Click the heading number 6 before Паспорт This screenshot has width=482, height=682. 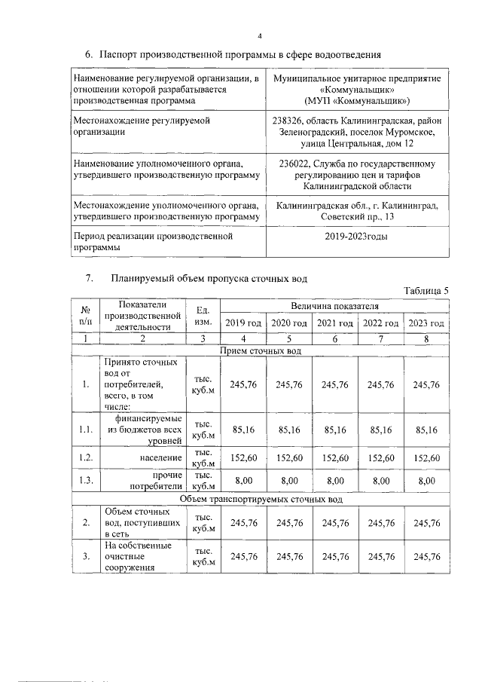88,55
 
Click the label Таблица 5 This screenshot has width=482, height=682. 426,291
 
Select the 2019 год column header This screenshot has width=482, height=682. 243,323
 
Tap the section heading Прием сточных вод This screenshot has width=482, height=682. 261,351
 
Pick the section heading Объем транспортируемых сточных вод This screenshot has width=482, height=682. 261,500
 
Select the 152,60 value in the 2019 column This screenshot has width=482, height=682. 243,457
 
